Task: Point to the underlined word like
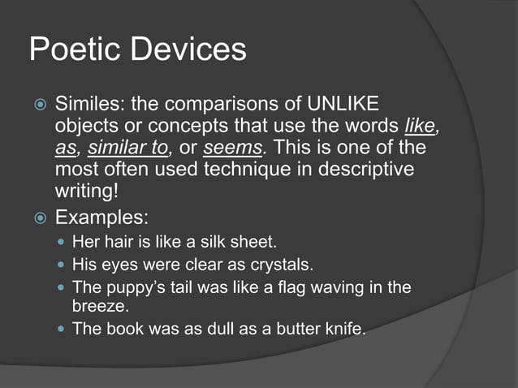click(x=421, y=127)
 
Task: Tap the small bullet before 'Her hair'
click(x=61, y=243)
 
